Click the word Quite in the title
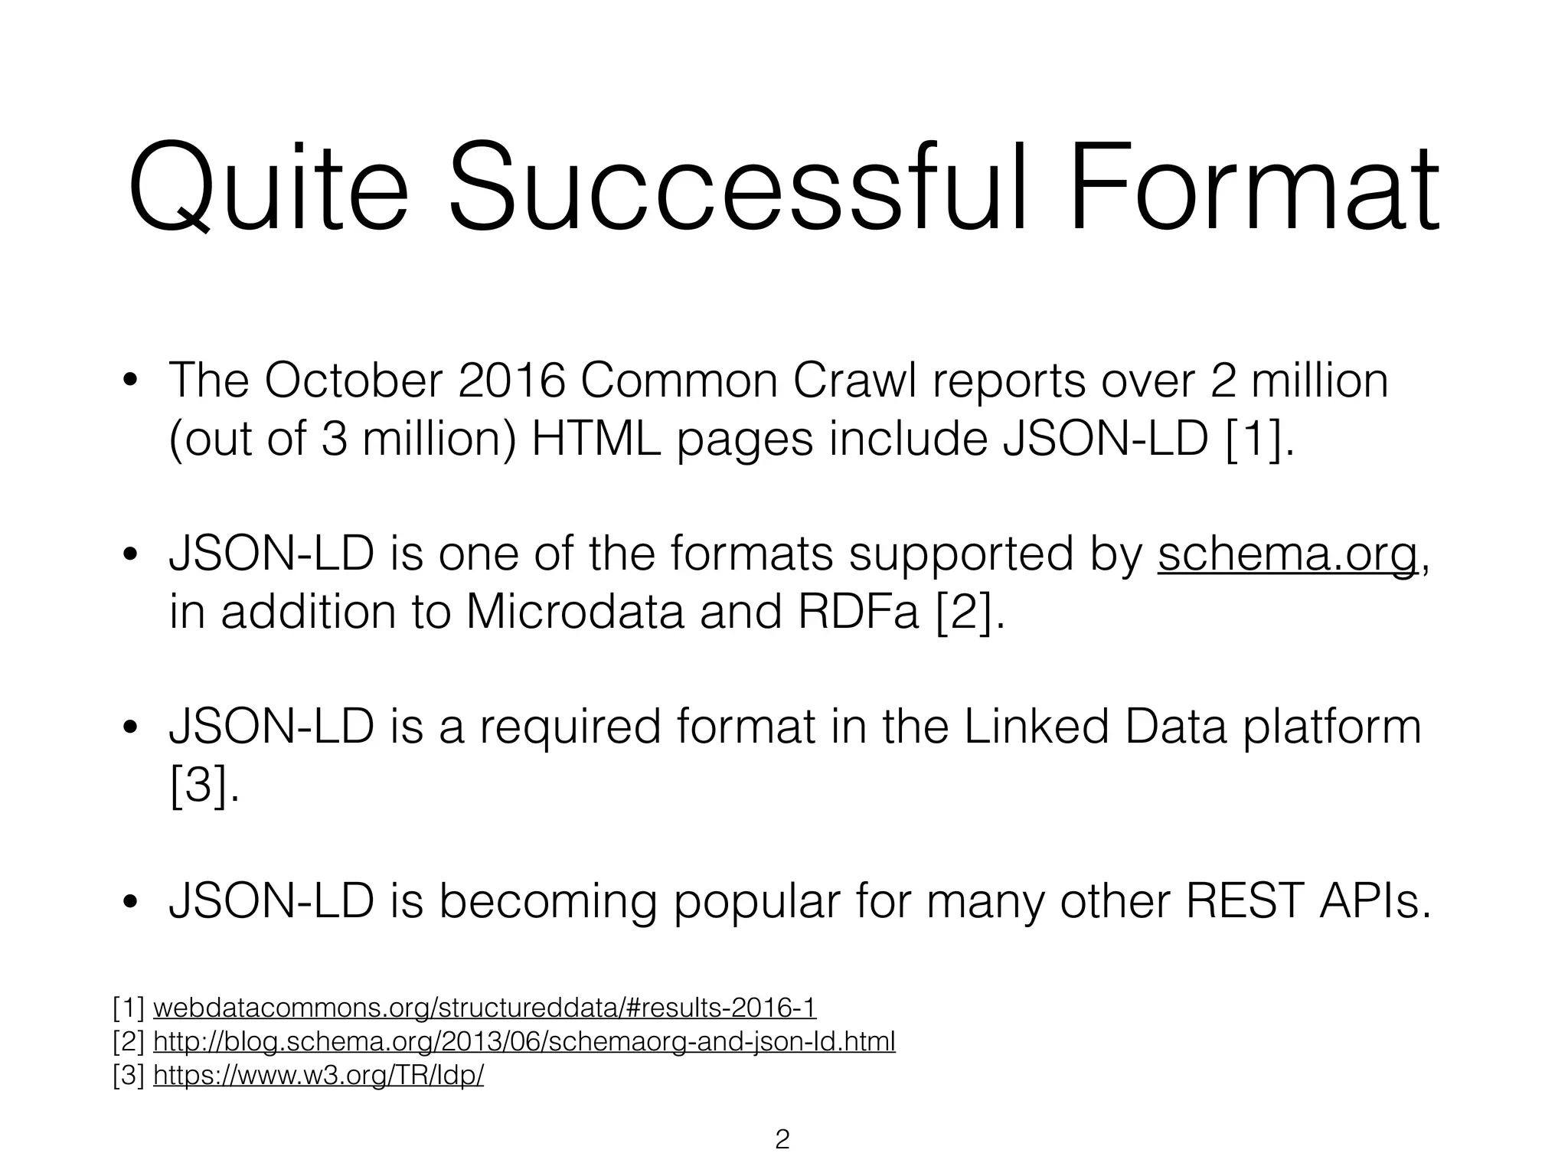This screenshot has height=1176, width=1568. click(x=267, y=188)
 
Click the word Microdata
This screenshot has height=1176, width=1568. click(x=574, y=612)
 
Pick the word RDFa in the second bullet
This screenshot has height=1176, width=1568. click(x=857, y=612)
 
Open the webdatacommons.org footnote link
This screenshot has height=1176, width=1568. click(x=485, y=1008)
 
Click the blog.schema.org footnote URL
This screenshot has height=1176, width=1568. click(x=524, y=1042)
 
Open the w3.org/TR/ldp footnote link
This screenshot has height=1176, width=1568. click(x=318, y=1076)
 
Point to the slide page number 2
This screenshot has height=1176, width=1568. click(x=782, y=1139)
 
